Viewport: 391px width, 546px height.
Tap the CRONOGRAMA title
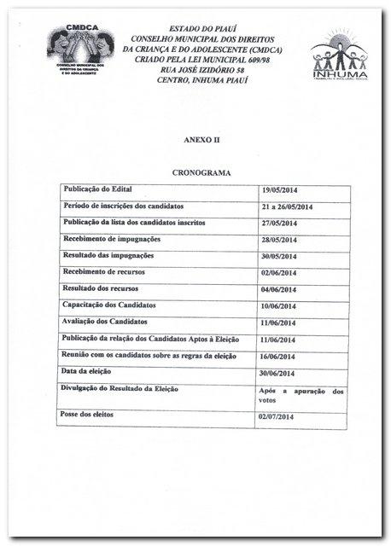pyautogui.click(x=199, y=172)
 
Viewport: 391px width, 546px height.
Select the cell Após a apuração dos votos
pyautogui.click(x=301, y=395)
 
